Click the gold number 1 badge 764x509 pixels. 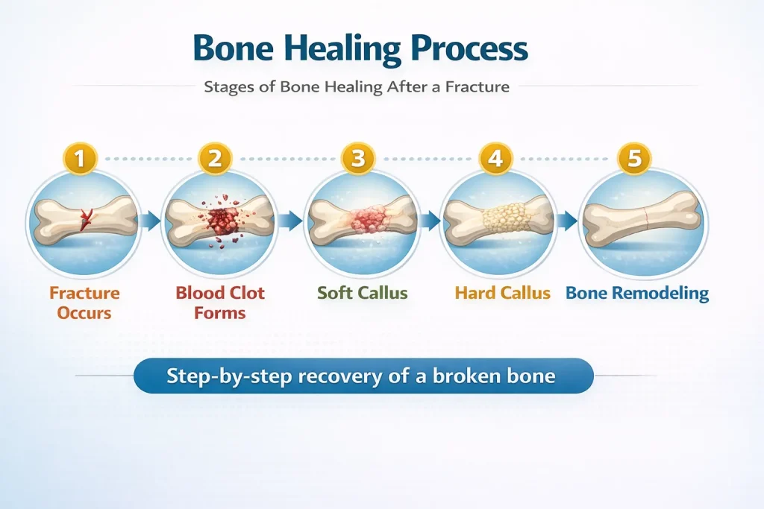80,159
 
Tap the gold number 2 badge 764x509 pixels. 214,159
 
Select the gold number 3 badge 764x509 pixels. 358,159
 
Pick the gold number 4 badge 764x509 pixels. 495,159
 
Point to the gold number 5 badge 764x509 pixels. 634,159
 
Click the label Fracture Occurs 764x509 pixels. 84,303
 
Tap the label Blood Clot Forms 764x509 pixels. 220,303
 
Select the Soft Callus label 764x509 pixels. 362,293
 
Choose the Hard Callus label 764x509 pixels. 502,293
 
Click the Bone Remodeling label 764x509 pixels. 637,294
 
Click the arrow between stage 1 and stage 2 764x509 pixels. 151,221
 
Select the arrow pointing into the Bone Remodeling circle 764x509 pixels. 567,221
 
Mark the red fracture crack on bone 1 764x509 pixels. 86,219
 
